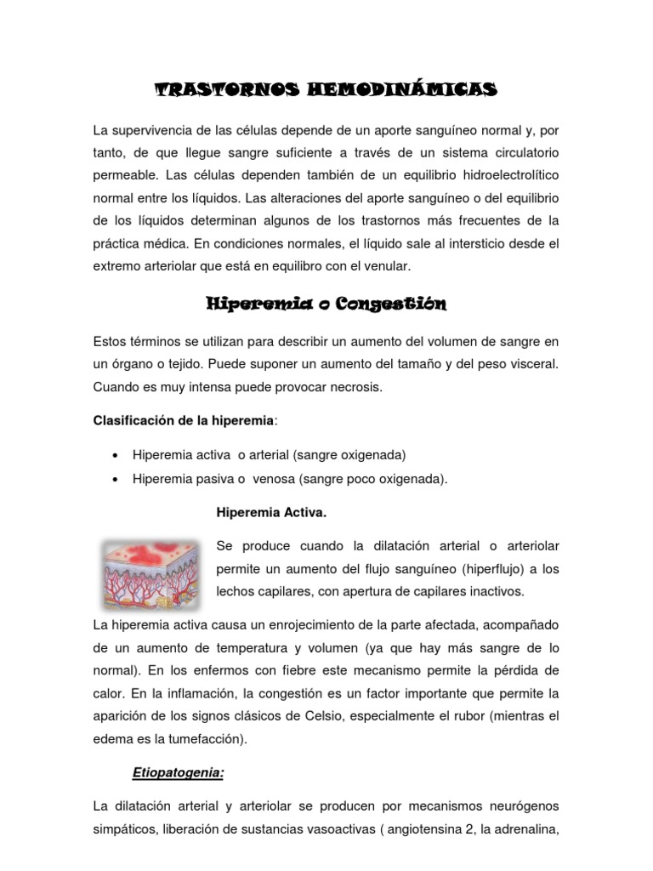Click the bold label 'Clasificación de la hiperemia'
pyautogui.click(x=184, y=421)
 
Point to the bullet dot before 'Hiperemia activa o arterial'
pyautogui.click(x=114, y=454)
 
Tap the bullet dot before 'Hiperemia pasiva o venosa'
pyautogui.click(x=114, y=479)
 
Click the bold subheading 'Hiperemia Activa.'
pyautogui.click(x=272, y=514)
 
